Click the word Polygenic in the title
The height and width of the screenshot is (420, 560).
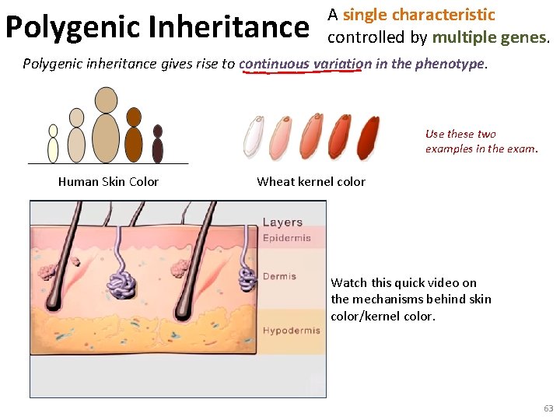coord(73,27)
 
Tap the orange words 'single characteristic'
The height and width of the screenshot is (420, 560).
coord(418,15)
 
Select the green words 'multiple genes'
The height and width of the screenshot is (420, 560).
coord(488,37)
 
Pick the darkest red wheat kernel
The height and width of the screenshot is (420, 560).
coord(368,135)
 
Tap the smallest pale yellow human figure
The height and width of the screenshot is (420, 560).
coord(53,144)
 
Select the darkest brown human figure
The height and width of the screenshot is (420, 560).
coord(158,144)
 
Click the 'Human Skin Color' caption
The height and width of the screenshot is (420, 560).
coord(108,182)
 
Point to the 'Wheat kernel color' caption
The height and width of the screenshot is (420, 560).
coord(310,182)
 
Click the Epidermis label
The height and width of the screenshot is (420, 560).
coord(286,238)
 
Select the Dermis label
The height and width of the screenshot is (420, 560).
coord(279,276)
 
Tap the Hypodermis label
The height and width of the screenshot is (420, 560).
coord(291,331)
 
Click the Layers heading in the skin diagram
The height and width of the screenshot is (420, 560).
coord(282,222)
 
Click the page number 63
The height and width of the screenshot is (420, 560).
coord(548,408)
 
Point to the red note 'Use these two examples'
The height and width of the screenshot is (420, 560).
coord(481,141)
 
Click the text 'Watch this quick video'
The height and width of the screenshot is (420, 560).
coord(404,282)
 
